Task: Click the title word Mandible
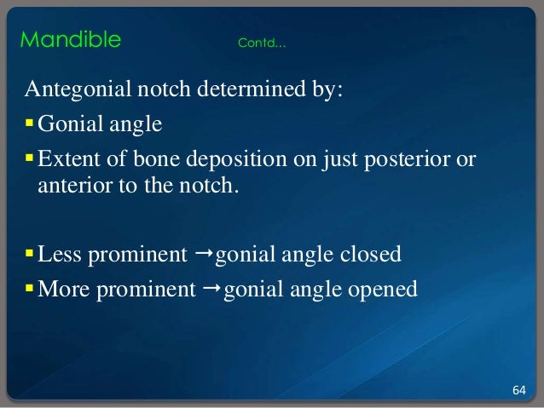tap(70, 40)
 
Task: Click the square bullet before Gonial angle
tap(30, 126)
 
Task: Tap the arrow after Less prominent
tap(201, 255)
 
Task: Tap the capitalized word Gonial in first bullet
tap(67, 126)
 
